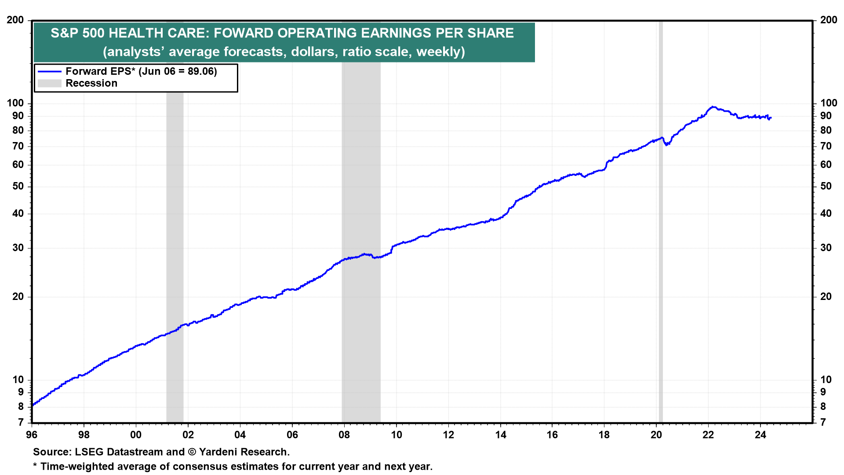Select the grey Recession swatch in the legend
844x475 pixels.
pyautogui.click(x=49, y=83)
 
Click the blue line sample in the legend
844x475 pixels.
pyautogui.click(x=49, y=71)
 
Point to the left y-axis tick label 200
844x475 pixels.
pyautogui.click(x=15, y=20)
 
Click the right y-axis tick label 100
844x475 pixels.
pyautogui.click(x=829, y=103)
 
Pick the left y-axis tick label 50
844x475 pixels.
pyautogui.click(x=18, y=186)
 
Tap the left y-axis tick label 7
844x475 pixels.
pyautogui.click(x=21, y=422)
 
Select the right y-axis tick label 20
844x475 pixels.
pyautogui.click(x=826, y=296)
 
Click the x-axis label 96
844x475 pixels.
pyautogui.click(x=32, y=435)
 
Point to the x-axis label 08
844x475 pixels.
pyautogui.click(x=344, y=435)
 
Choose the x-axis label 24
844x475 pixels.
pyautogui.click(x=760, y=435)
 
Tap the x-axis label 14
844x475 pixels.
pyautogui.click(x=500, y=435)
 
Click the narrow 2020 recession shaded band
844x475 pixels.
pyautogui.click(x=660, y=264)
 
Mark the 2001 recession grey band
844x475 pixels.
pyautogui.click(x=175, y=264)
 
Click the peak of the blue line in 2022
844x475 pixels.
pyautogui.click(x=713, y=107)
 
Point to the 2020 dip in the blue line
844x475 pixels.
pyautogui.click(x=666, y=144)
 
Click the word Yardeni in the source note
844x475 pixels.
pyautogui.click(x=219, y=452)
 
